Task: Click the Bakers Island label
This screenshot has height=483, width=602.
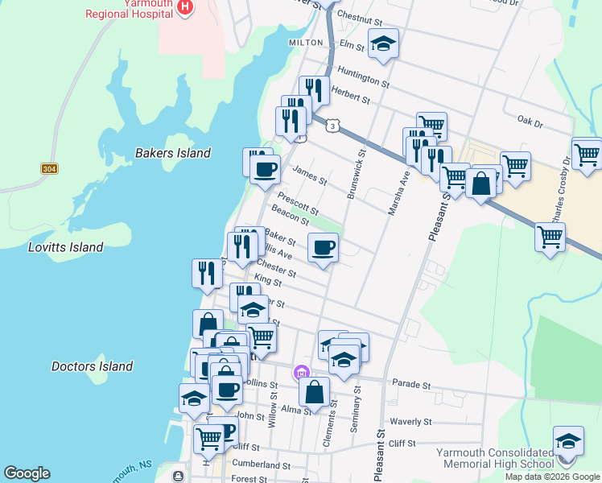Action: click(x=173, y=153)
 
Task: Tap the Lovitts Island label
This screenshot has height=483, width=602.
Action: click(x=65, y=247)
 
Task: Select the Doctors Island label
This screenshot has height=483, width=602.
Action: click(x=92, y=366)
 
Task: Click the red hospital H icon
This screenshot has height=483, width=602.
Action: click(x=186, y=8)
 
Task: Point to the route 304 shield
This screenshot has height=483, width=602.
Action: click(x=49, y=169)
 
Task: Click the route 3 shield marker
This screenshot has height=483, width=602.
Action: click(x=332, y=126)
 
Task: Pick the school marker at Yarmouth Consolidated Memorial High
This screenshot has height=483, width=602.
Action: click(x=567, y=442)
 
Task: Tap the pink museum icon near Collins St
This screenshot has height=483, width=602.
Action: click(x=301, y=372)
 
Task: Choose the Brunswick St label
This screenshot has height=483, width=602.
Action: click(x=356, y=174)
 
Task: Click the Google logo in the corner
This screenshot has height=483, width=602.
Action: click(x=27, y=473)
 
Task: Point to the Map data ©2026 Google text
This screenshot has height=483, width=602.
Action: click(x=552, y=477)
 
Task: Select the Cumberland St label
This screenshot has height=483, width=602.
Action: click(x=261, y=465)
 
